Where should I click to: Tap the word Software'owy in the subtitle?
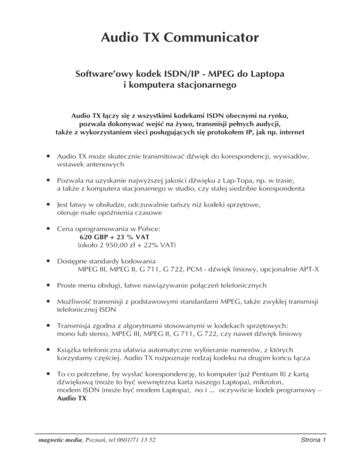coord(105,75)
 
